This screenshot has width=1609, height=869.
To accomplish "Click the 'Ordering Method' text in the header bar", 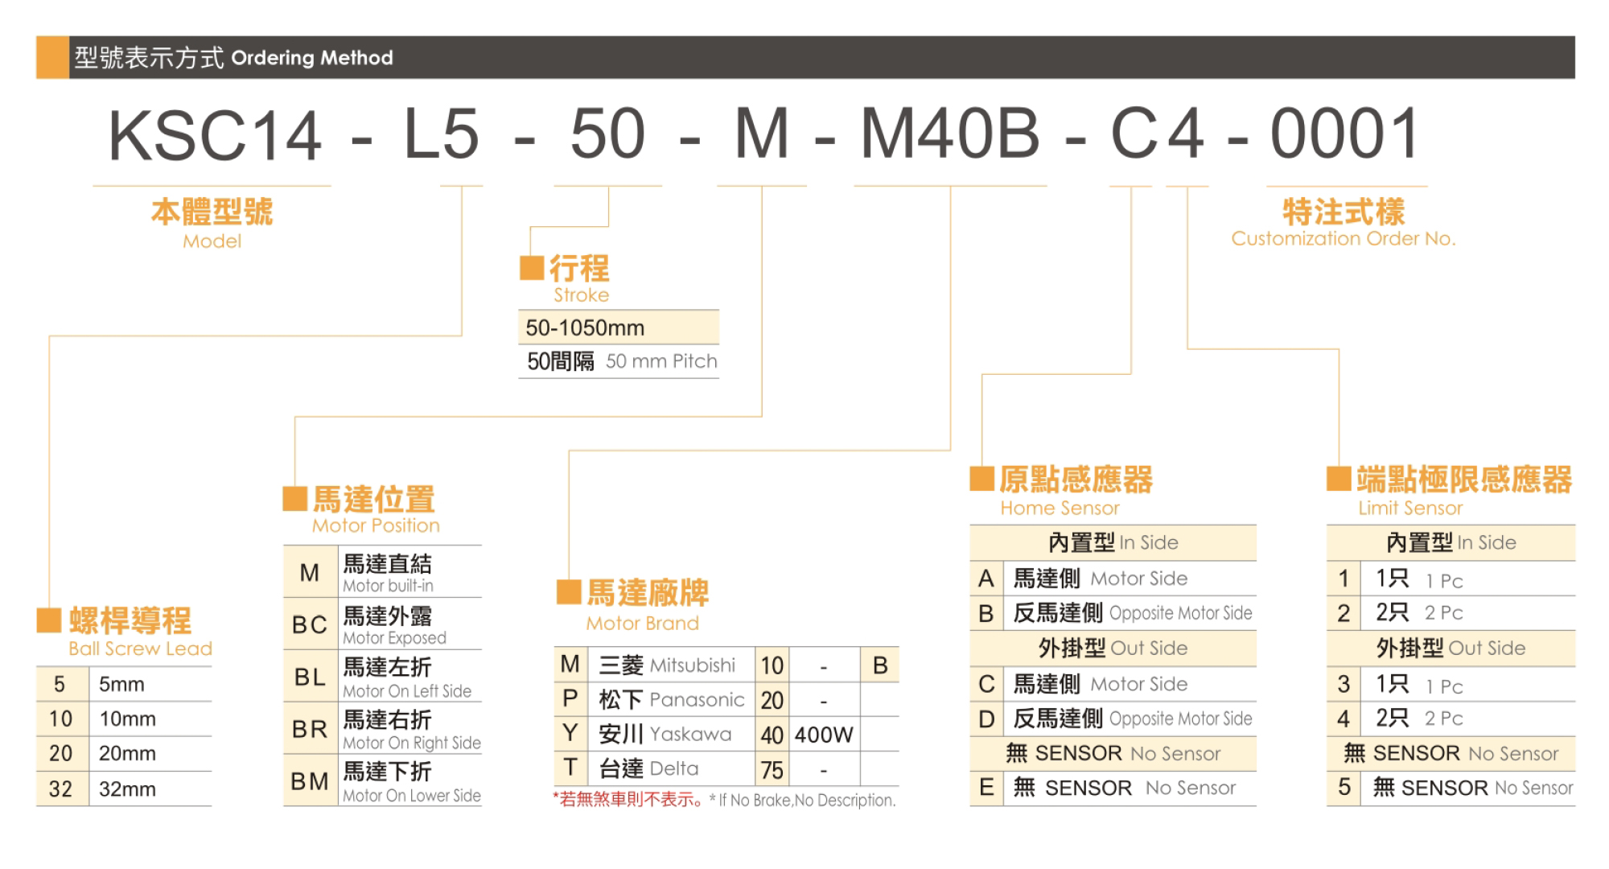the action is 312,58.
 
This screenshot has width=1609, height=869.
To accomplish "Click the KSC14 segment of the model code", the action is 216,135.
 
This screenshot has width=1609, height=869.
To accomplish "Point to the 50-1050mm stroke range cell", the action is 585,327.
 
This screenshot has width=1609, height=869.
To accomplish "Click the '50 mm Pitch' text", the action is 661,361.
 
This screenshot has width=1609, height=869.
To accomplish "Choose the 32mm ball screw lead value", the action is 127,789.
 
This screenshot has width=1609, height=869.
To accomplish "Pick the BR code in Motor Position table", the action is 310,730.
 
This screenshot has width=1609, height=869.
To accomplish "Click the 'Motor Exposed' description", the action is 394,638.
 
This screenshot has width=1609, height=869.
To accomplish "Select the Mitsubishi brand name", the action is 693,665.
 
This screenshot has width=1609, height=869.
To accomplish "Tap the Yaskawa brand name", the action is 691,734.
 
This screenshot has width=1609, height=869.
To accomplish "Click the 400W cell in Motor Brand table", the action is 824,735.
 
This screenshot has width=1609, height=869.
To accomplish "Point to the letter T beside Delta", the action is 570,768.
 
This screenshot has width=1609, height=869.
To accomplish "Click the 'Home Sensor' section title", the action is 1060,508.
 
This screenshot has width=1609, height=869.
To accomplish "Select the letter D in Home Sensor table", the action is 986,719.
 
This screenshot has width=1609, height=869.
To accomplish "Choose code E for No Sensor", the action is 986,787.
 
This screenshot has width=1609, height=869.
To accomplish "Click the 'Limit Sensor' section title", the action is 1410,508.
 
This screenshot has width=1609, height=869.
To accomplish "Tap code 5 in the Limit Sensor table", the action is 1344,787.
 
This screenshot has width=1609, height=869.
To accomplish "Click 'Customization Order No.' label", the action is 1344,238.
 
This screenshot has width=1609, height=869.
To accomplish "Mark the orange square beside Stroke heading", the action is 532,268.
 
